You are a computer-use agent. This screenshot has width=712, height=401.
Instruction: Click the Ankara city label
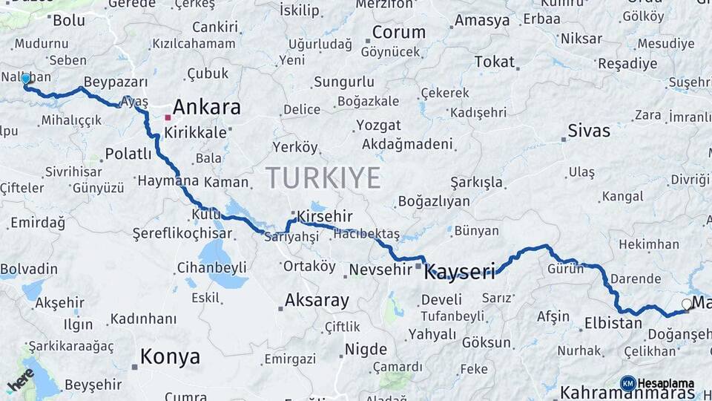pyautogui.click(x=206, y=108)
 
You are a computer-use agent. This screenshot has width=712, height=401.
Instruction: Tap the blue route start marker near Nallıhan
pyautogui.click(x=26, y=79)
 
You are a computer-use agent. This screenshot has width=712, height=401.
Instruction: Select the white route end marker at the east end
pyautogui.click(x=687, y=304)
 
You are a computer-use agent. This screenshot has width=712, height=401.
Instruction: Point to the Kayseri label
pyautogui.click(x=459, y=272)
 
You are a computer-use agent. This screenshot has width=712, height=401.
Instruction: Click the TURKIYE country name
pyautogui.click(x=323, y=178)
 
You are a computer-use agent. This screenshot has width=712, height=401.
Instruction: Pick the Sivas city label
pyautogui.click(x=589, y=131)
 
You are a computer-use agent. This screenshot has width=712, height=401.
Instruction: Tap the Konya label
pyautogui.click(x=170, y=357)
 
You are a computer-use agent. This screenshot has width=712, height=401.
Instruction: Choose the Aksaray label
pyautogui.click(x=317, y=301)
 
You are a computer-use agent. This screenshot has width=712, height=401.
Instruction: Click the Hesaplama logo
pyautogui.click(x=657, y=383)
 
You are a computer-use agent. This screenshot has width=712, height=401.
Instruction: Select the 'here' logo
pyautogui.click(x=20, y=379)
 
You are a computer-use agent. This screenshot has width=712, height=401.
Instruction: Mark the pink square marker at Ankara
pyautogui.click(x=168, y=117)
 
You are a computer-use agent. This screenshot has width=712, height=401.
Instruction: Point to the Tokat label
pyautogui.click(x=494, y=62)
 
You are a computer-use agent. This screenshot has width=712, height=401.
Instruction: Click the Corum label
pyautogui.click(x=399, y=33)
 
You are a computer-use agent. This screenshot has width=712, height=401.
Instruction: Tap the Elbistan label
pyautogui.click(x=613, y=323)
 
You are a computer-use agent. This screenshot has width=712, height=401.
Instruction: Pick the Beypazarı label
pyautogui.click(x=116, y=82)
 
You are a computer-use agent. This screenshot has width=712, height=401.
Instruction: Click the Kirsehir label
pyautogui.click(x=323, y=216)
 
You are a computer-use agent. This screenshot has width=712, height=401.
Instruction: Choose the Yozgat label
pyautogui.click(x=378, y=125)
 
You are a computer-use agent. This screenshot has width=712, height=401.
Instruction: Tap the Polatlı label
pyautogui.click(x=128, y=154)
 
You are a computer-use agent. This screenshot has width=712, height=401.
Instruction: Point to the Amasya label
pyautogui.click(x=481, y=21)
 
